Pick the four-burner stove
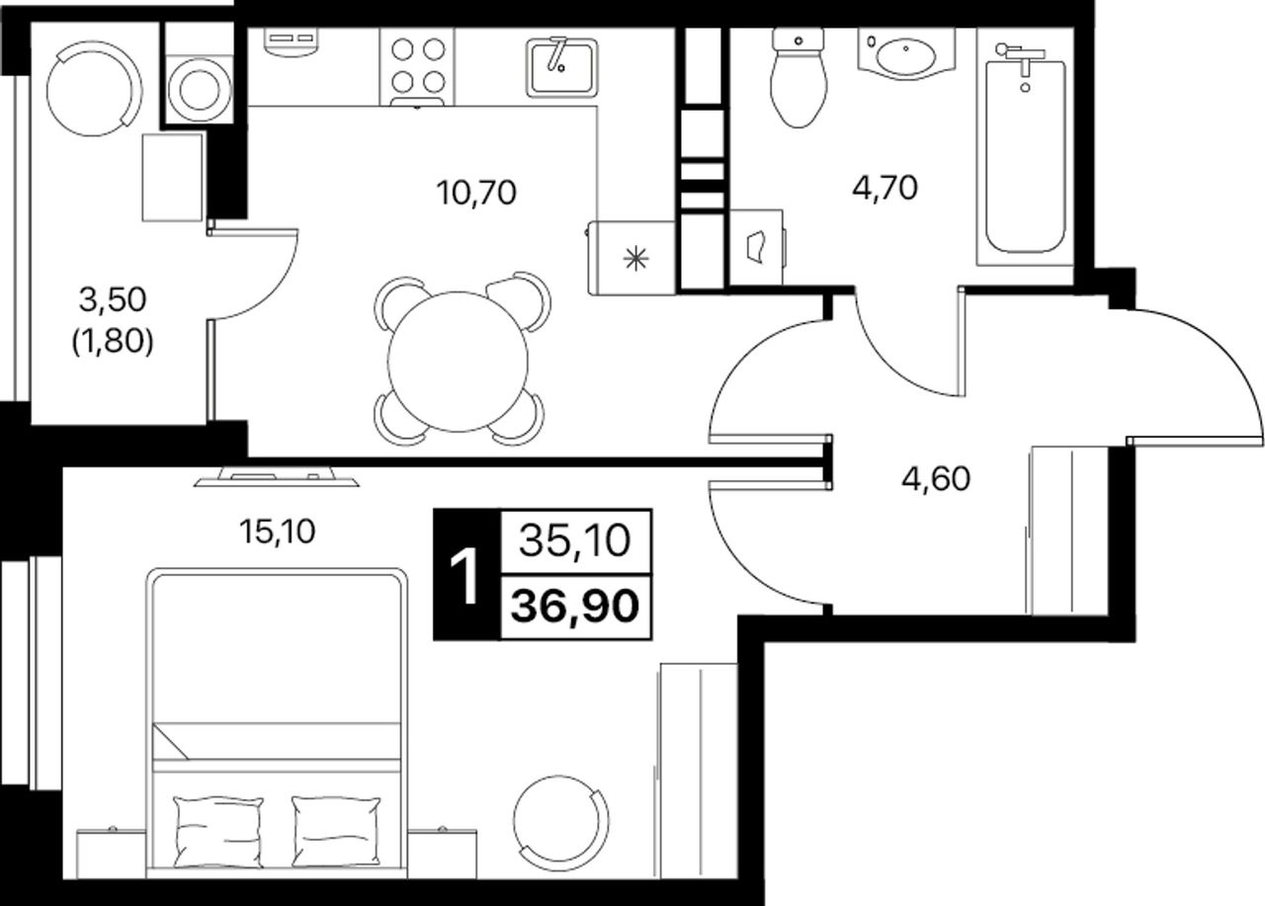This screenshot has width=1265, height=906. point(417,67)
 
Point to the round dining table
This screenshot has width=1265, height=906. point(458,362)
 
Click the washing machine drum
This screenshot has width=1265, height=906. point(200,88)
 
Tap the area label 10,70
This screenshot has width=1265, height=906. point(476,193)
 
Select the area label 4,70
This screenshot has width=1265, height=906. point(885,189)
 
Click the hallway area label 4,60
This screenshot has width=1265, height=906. point(936,478)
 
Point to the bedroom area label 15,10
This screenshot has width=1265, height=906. point(278,532)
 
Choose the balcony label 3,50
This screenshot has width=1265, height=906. point(113,299)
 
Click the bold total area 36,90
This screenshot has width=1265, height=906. point(575,606)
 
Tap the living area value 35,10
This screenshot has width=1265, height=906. point(574,540)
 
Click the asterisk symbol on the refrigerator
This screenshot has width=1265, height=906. point(635,259)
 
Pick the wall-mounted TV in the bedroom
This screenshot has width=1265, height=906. point(276,476)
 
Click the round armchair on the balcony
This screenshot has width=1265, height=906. point(94,88)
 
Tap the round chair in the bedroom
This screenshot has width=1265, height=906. point(561,822)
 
